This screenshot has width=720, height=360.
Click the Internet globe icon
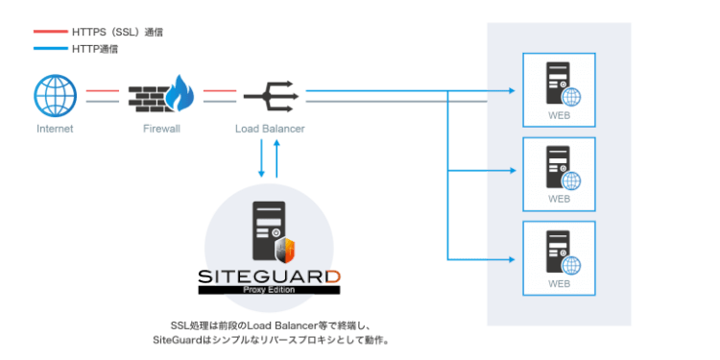pos(54,96)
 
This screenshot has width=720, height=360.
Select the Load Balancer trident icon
pos(271,96)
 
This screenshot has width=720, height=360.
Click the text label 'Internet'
pos(55,128)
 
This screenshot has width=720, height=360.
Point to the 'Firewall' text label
pos(160,128)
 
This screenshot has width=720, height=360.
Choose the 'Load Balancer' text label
pos(270,128)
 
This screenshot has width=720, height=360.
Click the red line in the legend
pos(49,33)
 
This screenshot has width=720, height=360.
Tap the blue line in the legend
pos(49,48)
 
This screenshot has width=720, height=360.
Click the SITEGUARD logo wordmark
pos(270,277)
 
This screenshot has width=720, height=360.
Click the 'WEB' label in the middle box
pos(559,200)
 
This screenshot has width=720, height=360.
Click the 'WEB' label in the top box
pos(559,115)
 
